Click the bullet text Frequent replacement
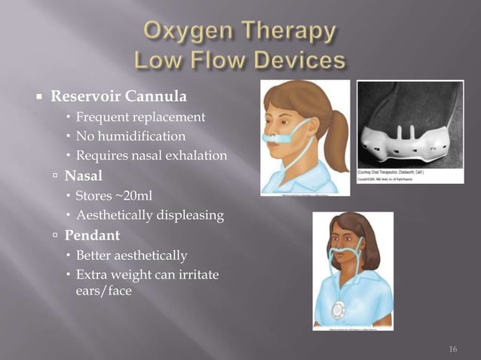pos(140,117)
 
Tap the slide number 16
pos(452,348)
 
